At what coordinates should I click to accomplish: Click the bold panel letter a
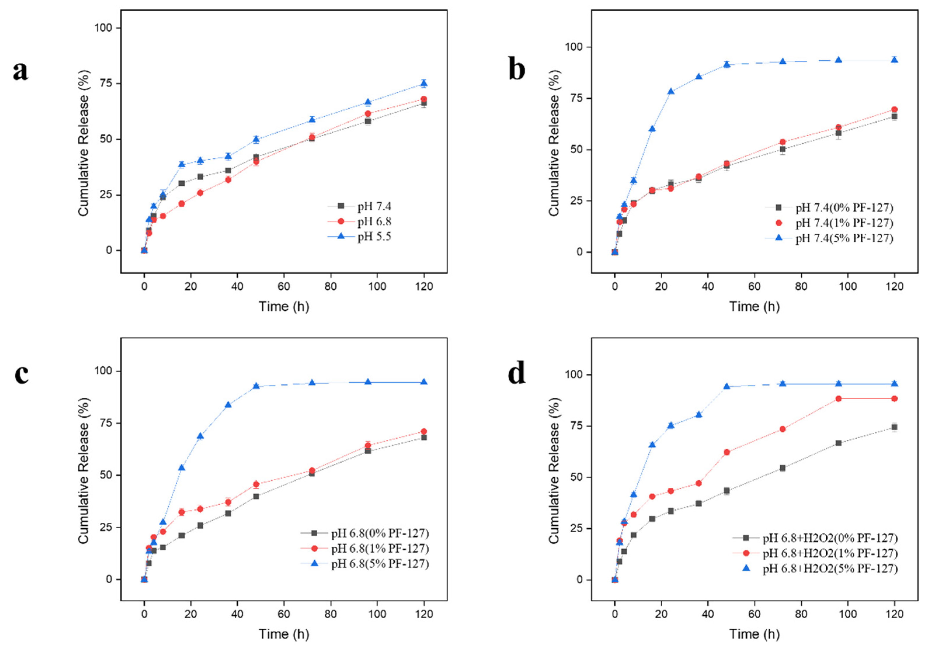click(21, 71)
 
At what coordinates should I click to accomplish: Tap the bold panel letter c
click(22, 375)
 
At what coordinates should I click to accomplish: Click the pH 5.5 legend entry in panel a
click(360, 236)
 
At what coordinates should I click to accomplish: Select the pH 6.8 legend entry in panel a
click(360, 221)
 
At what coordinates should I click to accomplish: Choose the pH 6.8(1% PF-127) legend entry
click(365, 549)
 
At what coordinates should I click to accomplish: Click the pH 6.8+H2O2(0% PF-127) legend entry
click(815, 538)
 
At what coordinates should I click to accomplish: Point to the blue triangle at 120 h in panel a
click(424, 84)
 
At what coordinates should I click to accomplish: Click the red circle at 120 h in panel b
click(894, 110)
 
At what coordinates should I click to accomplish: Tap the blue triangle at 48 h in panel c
click(256, 385)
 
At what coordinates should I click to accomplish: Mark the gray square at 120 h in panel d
click(894, 427)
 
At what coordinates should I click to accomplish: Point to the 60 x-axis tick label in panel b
click(754, 286)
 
